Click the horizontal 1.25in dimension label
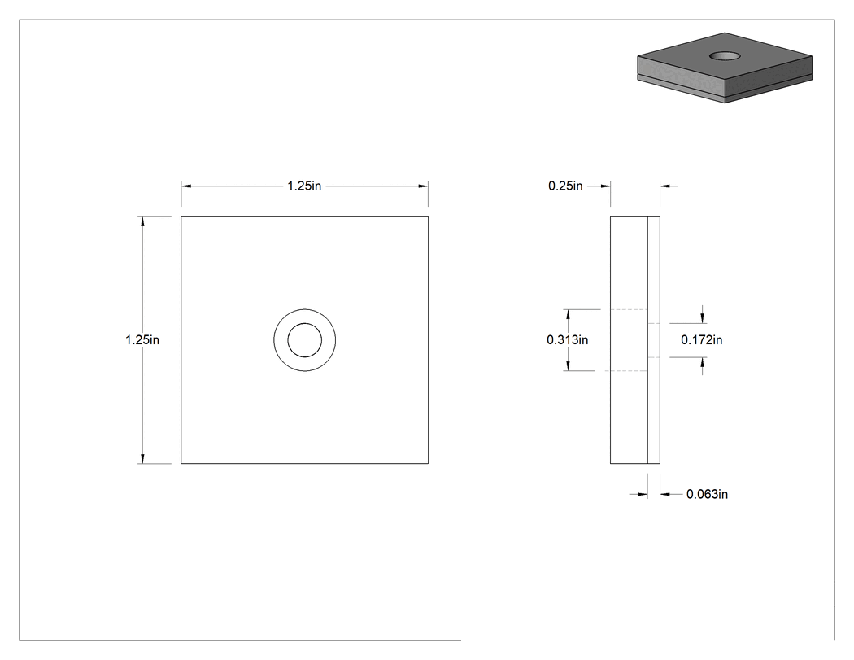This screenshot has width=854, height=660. click(x=304, y=186)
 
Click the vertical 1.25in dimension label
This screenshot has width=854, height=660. click(x=142, y=340)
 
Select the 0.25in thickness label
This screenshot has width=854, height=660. click(x=565, y=186)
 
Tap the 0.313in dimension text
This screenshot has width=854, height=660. click(x=568, y=340)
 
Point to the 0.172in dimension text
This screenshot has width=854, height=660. click(x=701, y=340)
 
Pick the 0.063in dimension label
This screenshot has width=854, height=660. click(x=707, y=494)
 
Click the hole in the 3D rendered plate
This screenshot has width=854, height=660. click(x=725, y=55)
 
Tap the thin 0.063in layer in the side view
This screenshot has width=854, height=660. click(x=654, y=340)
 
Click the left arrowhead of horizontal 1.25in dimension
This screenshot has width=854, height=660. click(x=186, y=186)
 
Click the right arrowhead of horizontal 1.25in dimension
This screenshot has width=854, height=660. click(x=423, y=186)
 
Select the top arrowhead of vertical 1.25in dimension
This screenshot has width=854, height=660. click(x=142, y=221)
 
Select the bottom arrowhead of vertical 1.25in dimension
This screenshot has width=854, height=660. click(x=142, y=459)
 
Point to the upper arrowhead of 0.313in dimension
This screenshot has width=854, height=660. click(x=568, y=314)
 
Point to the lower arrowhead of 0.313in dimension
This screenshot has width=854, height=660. click(x=568, y=366)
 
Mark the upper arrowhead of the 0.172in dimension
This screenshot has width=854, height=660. click(x=702, y=318)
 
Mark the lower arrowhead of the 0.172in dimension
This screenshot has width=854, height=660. click(x=702, y=362)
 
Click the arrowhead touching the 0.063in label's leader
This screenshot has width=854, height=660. click(x=665, y=494)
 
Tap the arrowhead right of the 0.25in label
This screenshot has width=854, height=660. click(x=606, y=186)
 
